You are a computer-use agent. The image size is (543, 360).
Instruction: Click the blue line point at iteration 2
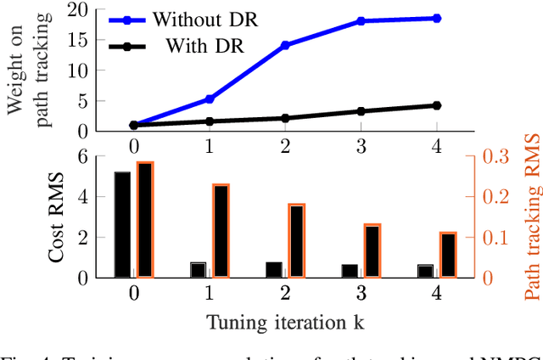(x=284, y=45)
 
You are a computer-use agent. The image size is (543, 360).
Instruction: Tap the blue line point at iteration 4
(x=437, y=18)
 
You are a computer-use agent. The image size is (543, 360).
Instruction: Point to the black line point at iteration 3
(x=361, y=111)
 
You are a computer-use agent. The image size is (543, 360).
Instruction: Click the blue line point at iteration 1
(x=210, y=98)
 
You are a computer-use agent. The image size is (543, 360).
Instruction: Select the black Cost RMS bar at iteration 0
(x=122, y=224)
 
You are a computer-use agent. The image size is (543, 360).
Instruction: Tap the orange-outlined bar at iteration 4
(x=447, y=255)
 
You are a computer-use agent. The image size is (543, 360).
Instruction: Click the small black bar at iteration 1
(x=198, y=270)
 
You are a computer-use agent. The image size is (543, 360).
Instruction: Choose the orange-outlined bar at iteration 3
(x=372, y=250)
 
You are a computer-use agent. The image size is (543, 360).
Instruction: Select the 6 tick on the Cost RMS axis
(x=81, y=155)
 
